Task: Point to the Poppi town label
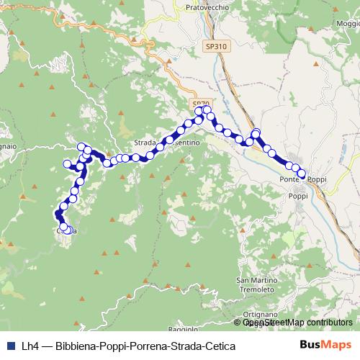pyautogui.click(x=298, y=195)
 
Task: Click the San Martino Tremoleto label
pyautogui.click(x=256, y=279)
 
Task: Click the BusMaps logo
pyautogui.click(x=325, y=346)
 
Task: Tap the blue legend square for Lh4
pyautogui.click(x=10, y=346)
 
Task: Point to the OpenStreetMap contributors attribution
pyautogui.click(x=297, y=323)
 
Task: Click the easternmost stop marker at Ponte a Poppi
pyautogui.click(x=302, y=174)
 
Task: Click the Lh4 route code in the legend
pyautogui.click(x=30, y=346)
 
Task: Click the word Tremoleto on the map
pyautogui.click(x=256, y=288)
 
